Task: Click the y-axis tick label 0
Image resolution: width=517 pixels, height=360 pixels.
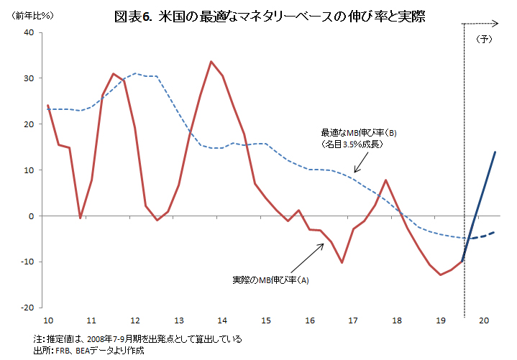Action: pyautogui.click(x=31, y=216)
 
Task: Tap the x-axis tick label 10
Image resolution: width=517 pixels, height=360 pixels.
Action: pyautogui.click(x=48, y=320)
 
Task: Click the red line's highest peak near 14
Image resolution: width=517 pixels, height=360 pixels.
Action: pyautogui.click(x=211, y=62)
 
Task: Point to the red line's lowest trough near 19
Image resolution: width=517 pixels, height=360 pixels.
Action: pyautogui.click(x=440, y=274)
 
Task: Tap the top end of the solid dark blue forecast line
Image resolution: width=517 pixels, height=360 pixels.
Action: pyautogui.click(x=495, y=152)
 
